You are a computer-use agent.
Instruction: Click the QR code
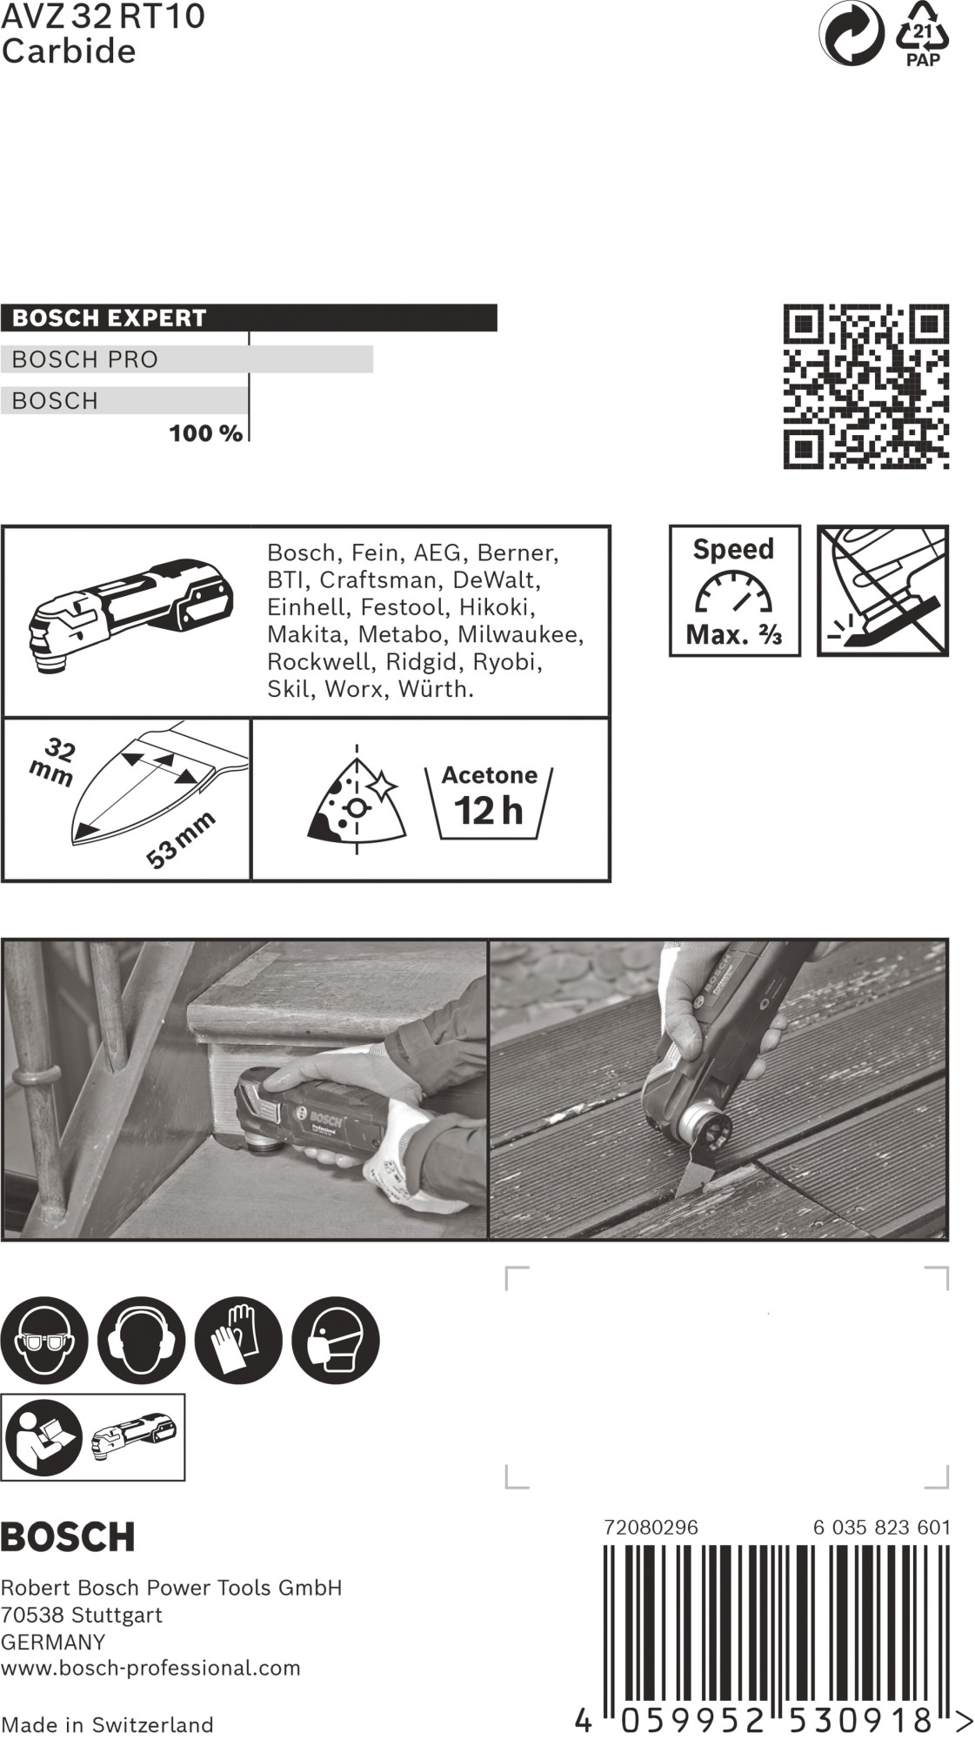pyautogui.click(x=865, y=386)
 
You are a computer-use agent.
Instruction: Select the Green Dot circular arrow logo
pyautogui.click(x=851, y=34)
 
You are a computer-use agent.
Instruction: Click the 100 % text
pyautogui.click(x=205, y=433)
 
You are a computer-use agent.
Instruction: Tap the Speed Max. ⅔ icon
pyautogui.click(x=734, y=591)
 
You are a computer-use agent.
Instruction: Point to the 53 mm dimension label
pyautogui.click(x=180, y=840)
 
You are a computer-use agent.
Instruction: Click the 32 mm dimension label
pyautogui.click(x=53, y=762)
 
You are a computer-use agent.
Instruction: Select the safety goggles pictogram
pyautogui.click(x=43, y=1341)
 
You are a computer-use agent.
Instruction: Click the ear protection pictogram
pyautogui.click(x=141, y=1341)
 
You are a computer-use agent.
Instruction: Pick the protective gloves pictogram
pyautogui.click(x=238, y=1341)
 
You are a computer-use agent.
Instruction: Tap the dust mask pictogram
pyautogui.click(x=336, y=1341)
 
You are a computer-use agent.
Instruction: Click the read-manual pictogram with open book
pyautogui.click(x=43, y=1437)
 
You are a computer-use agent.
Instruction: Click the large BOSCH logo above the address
pyautogui.click(x=68, y=1537)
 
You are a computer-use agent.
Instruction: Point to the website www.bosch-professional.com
pyautogui.click(x=150, y=1668)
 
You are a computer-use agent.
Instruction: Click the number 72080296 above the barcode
pyautogui.click(x=651, y=1527)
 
